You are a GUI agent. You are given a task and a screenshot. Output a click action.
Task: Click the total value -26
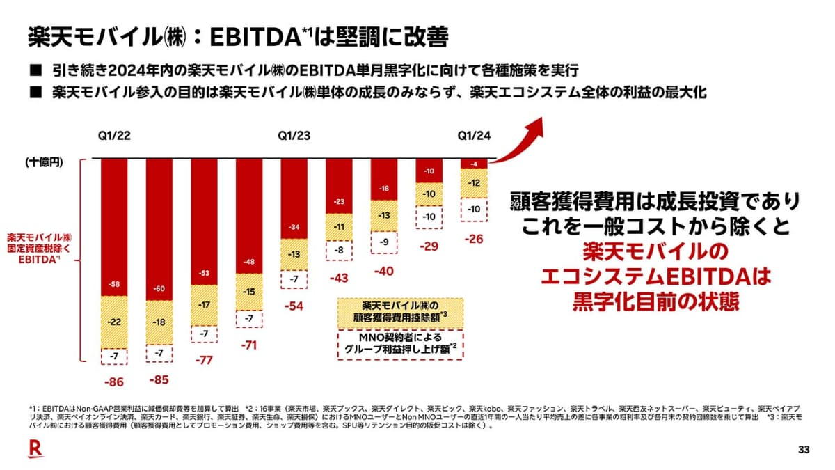475,239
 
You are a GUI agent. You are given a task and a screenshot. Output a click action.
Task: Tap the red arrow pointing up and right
527,139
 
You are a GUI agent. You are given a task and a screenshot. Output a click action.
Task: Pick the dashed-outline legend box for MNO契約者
400,344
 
